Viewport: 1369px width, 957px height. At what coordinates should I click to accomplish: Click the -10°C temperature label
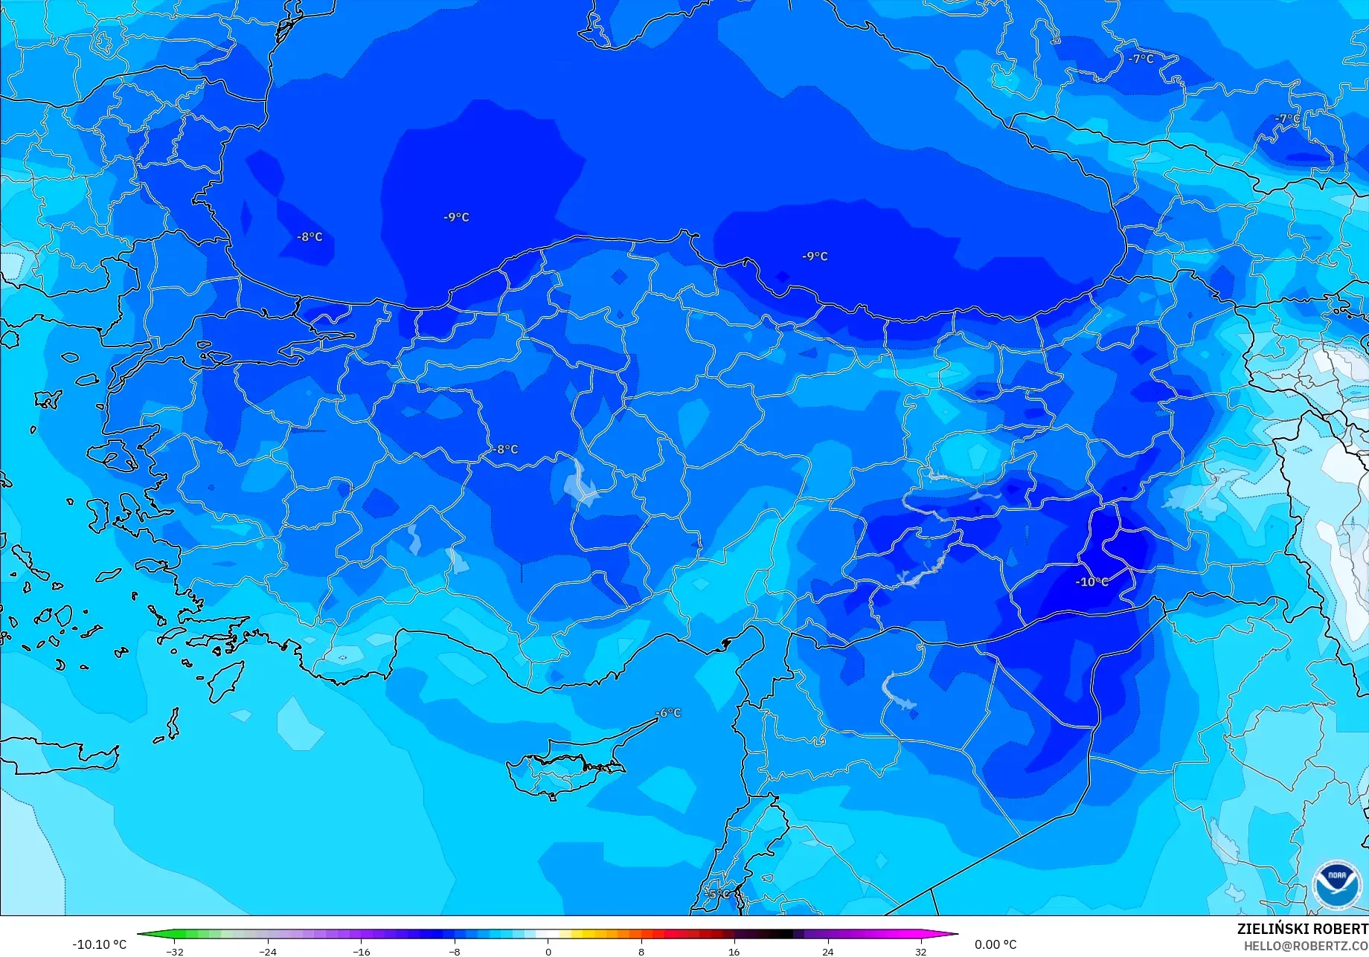(1091, 581)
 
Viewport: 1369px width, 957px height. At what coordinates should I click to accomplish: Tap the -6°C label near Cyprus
(668, 712)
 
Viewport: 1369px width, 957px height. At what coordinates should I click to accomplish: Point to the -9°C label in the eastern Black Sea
(815, 256)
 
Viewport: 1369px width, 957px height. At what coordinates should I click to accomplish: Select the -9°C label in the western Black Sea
(456, 217)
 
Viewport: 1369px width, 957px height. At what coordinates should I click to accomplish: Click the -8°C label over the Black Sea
(310, 236)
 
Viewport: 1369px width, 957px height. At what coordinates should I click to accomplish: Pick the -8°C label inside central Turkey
(505, 449)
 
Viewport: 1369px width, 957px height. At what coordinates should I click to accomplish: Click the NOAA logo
(1337, 884)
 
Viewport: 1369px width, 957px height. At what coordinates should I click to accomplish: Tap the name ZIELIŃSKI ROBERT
(1302, 929)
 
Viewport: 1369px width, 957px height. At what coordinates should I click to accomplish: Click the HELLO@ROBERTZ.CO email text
(1306, 945)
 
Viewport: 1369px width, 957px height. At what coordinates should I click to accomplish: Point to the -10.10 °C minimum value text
(99, 944)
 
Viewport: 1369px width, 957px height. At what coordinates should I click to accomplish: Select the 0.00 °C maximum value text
(996, 944)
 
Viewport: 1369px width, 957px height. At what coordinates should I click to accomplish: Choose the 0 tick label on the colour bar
(548, 951)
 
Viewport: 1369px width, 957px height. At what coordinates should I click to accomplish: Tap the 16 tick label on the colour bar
(734, 951)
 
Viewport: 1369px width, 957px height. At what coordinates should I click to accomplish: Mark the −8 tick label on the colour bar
(455, 951)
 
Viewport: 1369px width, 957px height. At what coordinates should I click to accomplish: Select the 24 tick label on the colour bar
(827, 951)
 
